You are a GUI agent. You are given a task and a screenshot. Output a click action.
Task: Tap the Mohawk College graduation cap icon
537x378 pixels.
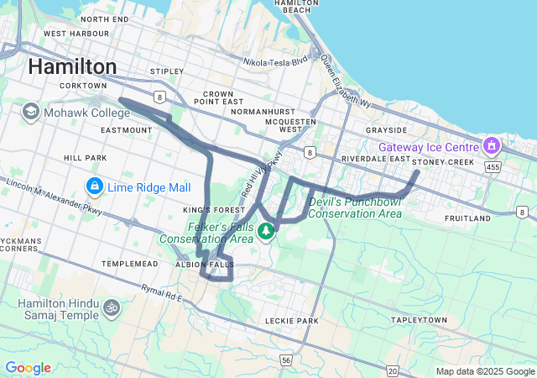click(x=31, y=112)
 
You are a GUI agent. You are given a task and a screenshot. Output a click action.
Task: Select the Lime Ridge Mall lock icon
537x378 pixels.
click(x=95, y=185)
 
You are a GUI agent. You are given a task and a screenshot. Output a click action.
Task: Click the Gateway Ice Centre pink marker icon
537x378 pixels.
click(x=491, y=147)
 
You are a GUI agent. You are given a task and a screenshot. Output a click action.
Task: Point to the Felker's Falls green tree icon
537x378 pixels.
click(x=266, y=230)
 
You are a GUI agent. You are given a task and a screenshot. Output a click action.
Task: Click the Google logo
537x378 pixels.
click(x=28, y=368)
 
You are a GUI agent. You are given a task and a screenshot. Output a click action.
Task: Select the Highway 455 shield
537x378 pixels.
click(x=493, y=168)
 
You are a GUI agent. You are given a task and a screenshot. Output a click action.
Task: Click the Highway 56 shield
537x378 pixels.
click(x=286, y=360)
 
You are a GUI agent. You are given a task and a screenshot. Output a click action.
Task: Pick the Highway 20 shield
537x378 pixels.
click(x=393, y=370)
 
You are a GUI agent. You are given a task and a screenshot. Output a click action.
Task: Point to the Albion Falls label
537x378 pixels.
click(x=204, y=264)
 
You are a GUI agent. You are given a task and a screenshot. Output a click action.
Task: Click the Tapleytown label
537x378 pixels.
click(x=419, y=321)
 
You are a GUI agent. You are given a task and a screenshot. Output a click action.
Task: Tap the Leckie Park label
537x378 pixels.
click(x=291, y=321)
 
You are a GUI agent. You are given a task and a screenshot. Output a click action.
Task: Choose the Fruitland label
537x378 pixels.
click(x=467, y=218)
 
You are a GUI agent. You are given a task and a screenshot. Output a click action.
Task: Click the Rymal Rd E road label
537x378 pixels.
click(x=162, y=294)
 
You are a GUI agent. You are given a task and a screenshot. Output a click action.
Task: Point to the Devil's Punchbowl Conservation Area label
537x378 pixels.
click(x=354, y=207)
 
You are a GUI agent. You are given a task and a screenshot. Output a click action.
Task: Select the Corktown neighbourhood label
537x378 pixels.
click(x=84, y=86)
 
